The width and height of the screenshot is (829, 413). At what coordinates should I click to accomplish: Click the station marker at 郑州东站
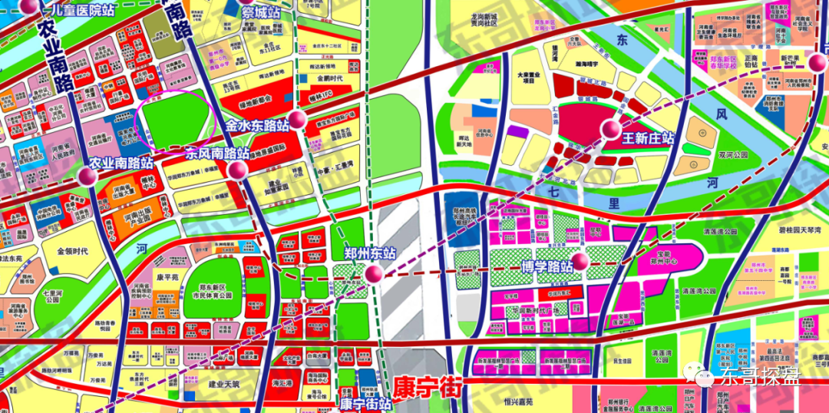pos(374,275)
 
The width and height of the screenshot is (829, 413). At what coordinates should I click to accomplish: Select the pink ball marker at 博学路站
pos(580,262)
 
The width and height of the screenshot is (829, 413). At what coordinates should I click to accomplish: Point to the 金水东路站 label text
pos(257,123)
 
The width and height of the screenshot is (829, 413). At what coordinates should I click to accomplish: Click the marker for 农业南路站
pos(88,177)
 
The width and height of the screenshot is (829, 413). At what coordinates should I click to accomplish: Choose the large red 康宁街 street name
pos(427,385)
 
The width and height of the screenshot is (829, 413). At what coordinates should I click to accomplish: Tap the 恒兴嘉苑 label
pos(523,401)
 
